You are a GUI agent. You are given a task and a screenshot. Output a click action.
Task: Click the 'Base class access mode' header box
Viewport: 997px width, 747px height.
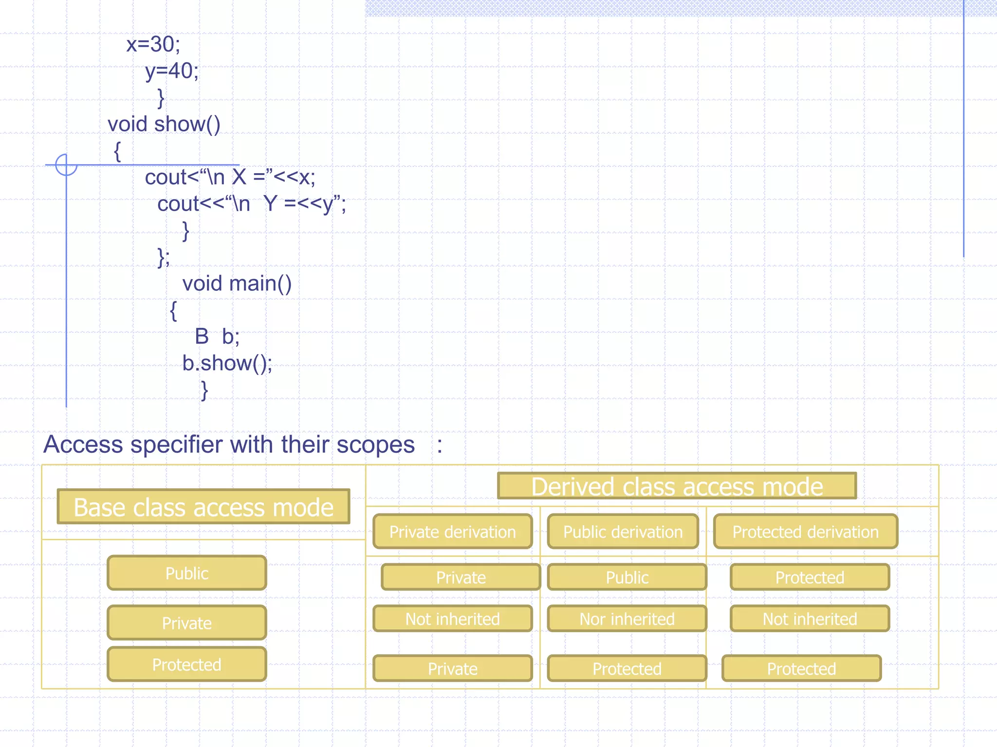pyautogui.click(x=203, y=507)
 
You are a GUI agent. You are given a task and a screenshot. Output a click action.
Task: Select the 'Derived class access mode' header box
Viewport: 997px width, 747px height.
pyautogui.click(x=677, y=486)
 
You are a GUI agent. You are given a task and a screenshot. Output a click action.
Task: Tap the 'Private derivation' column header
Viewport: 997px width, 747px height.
pyautogui.click(x=452, y=532)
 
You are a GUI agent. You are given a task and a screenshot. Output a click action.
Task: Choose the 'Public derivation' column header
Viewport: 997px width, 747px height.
pyautogui.click(x=623, y=532)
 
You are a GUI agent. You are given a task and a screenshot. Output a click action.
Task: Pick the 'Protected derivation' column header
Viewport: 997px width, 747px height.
pyautogui.click(x=805, y=532)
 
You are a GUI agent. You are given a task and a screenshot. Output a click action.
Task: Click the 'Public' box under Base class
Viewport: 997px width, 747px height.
pyautogui.click(x=187, y=573)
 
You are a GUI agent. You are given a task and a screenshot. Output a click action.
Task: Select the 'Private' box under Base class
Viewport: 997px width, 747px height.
pyautogui.click(x=187, y=623)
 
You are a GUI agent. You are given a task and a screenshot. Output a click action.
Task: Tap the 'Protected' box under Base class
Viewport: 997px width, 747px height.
pyautogui.click(x=187, y=664)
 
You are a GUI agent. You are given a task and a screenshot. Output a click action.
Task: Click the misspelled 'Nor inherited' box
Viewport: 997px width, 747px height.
pyautogui.click(x=627, y=619)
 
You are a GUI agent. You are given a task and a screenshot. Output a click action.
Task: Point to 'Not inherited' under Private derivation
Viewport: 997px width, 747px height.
pyautogui.click(x=452, y=619)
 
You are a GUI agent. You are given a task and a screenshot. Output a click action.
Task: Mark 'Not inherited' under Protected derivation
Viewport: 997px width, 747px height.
pyautogui.click(x=810, y=619)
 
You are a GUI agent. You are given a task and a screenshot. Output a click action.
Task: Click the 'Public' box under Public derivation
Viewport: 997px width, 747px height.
pyautogui.click(x=627, y=577)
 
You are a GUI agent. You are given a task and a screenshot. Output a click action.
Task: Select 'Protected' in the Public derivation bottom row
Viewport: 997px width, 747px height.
pyautogui.click(x=627, y=669)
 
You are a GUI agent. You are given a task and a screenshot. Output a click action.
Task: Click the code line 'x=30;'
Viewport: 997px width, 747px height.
pyautogui.click(x=153, y=44)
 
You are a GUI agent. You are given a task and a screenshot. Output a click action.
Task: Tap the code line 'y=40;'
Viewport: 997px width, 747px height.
pyautogui.click(x=172, y=71)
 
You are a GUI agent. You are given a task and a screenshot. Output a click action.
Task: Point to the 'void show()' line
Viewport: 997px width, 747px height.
pyautogui.click(x=164, y=124)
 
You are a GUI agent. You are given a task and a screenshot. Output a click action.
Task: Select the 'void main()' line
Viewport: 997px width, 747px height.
pyautogui.click(x=237, y=284)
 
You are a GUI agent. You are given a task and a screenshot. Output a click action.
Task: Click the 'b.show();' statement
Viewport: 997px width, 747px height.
pyautogui.click(x=227, y=363)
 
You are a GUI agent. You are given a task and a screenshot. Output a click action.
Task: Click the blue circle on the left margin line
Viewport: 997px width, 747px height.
pyautogui.click(x=66, y=165)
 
